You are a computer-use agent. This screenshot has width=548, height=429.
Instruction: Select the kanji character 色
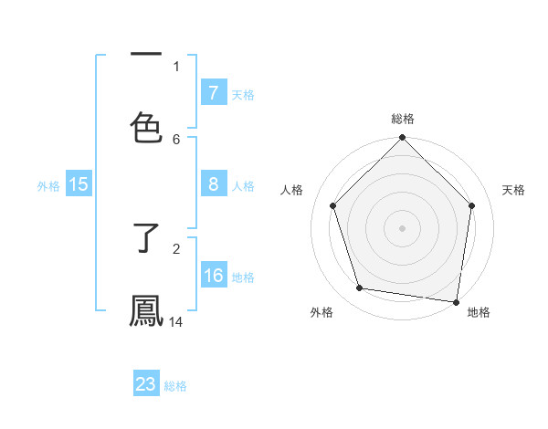146,127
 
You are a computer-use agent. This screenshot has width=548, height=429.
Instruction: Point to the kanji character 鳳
146,310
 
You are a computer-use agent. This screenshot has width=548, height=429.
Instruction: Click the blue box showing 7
213,92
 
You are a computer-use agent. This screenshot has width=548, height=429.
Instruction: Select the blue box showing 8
213,184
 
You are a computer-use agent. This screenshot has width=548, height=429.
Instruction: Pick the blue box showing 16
213,276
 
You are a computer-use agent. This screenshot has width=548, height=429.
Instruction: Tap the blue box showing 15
79,184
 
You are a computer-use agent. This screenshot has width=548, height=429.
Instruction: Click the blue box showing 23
146,384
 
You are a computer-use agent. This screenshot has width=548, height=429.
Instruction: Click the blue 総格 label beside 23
175,386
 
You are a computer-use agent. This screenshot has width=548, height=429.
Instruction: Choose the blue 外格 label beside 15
48,185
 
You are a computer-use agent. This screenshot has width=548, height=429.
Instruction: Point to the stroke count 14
176,321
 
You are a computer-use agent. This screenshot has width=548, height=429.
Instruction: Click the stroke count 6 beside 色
176,139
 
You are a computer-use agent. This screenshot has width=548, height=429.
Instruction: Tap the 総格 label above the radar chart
403,119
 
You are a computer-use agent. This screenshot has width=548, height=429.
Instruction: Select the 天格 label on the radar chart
514,190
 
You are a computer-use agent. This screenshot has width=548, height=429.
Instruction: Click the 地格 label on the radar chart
479,312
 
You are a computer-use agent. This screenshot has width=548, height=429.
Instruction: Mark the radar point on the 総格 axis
402,139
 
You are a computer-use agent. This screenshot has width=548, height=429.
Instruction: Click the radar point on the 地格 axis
456,301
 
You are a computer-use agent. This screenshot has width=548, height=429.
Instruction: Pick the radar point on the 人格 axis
332,205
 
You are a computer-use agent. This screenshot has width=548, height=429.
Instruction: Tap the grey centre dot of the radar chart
402,227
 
